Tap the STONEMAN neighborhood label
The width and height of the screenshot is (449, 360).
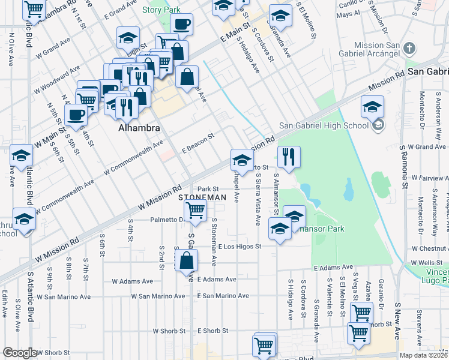pos(202,197)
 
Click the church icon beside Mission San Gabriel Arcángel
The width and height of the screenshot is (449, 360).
pos(409,48)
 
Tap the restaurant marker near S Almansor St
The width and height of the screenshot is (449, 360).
pos(289,157)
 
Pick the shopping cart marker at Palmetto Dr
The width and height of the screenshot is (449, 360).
pos(195,210)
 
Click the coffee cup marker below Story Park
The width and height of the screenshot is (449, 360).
pos(182,25)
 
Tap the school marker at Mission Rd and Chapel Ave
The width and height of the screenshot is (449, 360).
pos(242,160)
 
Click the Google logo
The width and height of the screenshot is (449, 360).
pos(20,353)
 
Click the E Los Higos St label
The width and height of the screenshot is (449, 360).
pos(240,246)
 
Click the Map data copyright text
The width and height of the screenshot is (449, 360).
pos(423,355)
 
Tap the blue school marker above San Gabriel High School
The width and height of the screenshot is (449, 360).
pos(372,106)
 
